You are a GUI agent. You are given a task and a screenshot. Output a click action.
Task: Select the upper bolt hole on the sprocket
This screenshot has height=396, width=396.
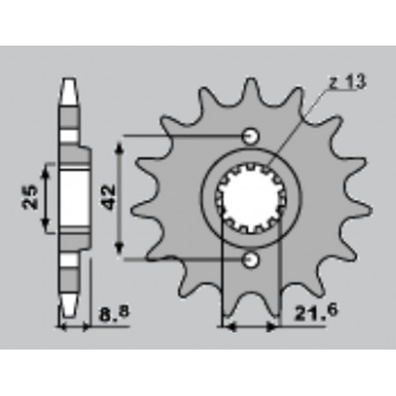(250, 136)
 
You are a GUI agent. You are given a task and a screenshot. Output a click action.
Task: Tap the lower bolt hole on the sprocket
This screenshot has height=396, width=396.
(250, 260)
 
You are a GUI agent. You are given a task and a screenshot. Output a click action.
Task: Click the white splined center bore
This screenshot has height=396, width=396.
(251, 198)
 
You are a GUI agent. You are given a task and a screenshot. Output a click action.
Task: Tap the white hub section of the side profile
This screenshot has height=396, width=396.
(74, 198)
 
